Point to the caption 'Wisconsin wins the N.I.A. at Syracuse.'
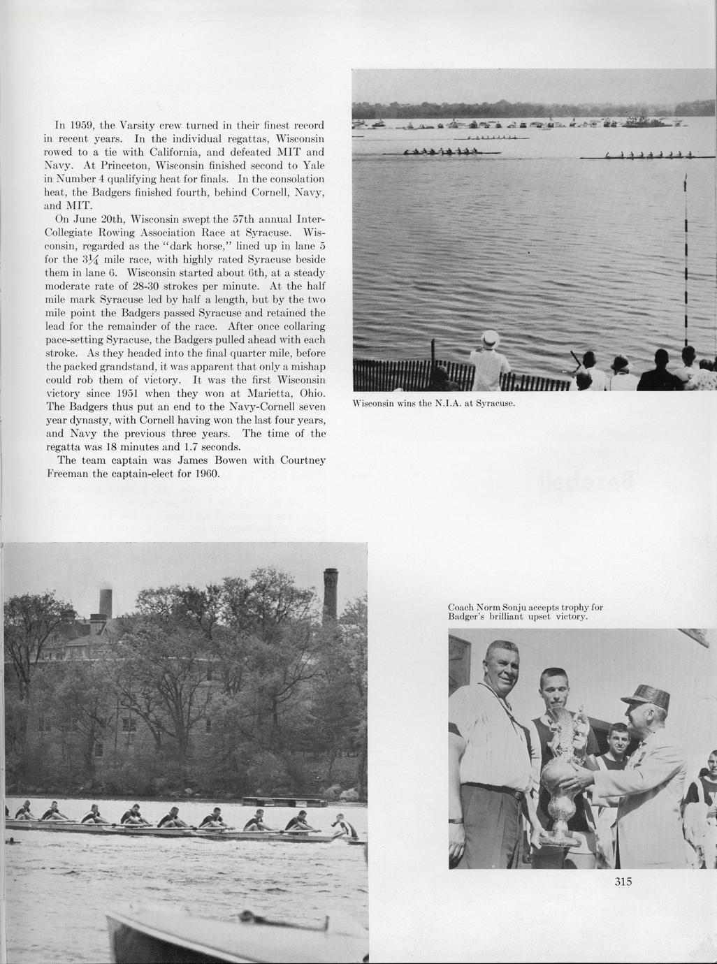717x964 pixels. pyautogui.click(x=433, y=404)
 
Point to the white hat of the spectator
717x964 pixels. pyautogui.click(x=491, y=339)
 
